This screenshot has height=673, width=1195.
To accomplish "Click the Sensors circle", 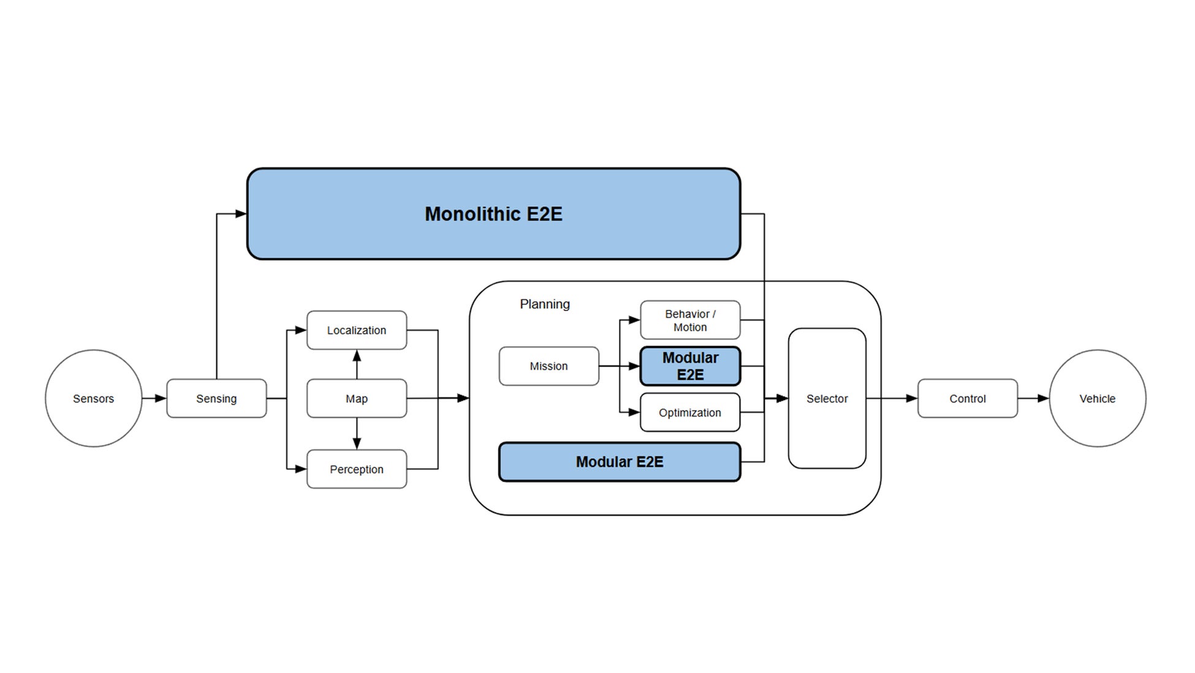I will (x=93, y=398).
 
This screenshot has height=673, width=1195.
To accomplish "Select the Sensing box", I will (x=216, y=398).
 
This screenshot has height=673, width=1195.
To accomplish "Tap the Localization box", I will (x=356, y=330).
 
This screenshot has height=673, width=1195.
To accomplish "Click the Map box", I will (x=356, y=398).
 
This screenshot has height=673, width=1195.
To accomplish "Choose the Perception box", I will (x=356, y=469).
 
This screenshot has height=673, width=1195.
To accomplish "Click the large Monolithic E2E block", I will (x=493, y=213).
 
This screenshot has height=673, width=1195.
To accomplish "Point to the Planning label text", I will (x=544, y=304).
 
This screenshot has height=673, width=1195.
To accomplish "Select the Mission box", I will (x=548, y=366).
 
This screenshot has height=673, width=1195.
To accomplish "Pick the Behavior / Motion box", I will (x=690, y=320).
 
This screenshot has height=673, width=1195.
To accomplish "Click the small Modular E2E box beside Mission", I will (x=690, y=366).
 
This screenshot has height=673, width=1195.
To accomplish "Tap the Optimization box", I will (x=690, y=412).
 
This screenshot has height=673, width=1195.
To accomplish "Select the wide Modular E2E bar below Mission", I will (x=619, y=461).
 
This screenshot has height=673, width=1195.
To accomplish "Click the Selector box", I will (x=827, y=398).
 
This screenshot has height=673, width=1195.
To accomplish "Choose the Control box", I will (x=967, y=398).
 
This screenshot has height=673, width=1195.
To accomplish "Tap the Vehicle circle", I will (x=1097, y=398).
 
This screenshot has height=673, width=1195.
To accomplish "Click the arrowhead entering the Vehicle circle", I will (x=1042, y=398).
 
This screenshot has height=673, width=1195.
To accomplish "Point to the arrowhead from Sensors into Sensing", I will (x=160, y=398).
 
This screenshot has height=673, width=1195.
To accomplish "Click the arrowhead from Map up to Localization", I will (x=357, y=356).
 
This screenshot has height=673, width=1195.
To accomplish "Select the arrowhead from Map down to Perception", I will (x=357, y=443).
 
